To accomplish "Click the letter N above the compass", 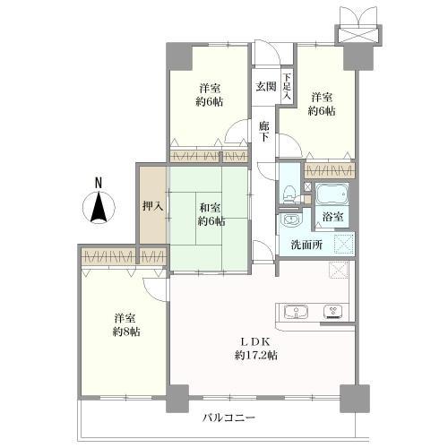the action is [99, 183].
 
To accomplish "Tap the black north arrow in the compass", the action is [99, 207].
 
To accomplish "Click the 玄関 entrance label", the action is [265, 86].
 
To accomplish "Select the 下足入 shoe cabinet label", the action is [287, 87].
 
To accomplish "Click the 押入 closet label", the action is [153, 206].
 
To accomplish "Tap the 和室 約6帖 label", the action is [211, 214].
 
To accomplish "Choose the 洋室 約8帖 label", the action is [126, 324].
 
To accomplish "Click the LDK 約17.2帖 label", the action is [255, 349].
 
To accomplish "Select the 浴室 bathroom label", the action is [332, 217].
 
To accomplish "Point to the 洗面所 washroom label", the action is [306, 246].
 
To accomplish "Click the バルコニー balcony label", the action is [228, 418].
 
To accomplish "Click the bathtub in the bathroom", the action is [332, 194].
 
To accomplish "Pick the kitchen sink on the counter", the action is [296, 312].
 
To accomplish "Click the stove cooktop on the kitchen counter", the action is [333, 312].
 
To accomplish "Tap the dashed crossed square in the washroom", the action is [344, 244].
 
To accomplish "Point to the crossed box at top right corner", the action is [358, 36].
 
